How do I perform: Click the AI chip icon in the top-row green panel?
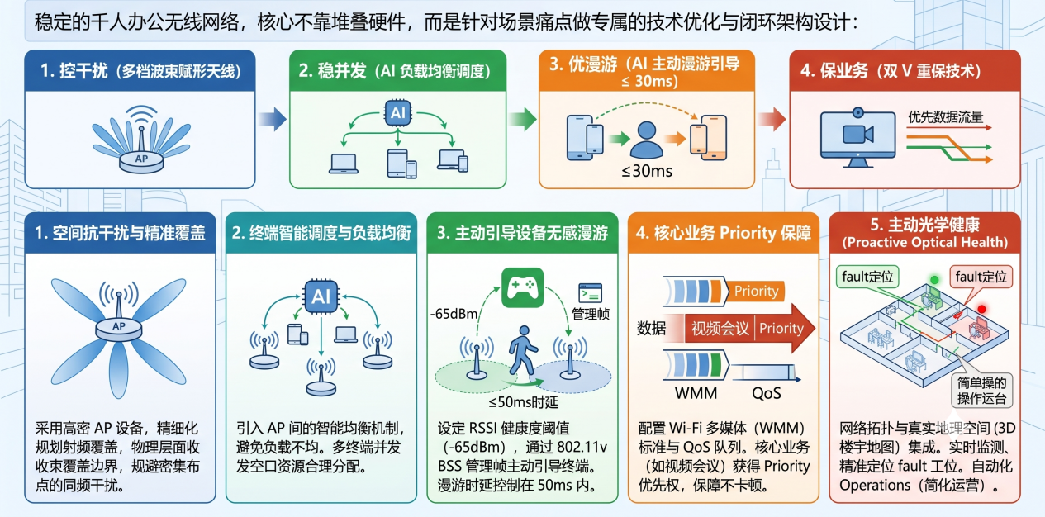point(397,113)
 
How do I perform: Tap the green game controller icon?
point(522,287)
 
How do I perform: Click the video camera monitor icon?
point(858,137)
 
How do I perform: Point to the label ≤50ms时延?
point(523,401)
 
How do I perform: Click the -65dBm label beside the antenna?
point(454,314)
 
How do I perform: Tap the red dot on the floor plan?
point(982,309)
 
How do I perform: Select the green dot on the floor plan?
point(934,279)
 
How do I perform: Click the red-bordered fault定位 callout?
point(981,277)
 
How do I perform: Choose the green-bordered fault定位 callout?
point(867,277)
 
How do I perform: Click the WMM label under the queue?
point(696,393)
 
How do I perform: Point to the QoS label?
point(766,393)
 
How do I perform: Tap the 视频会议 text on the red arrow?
point(720,329)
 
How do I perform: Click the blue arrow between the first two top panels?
point(273,120)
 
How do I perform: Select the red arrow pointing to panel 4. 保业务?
point(772,120)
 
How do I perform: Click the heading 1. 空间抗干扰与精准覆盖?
point(121,233)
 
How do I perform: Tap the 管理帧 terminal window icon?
point(590,293)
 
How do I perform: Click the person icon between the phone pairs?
point(646,140)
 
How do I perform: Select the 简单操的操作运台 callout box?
point(981,391)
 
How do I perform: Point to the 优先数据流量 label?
point(945,116)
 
